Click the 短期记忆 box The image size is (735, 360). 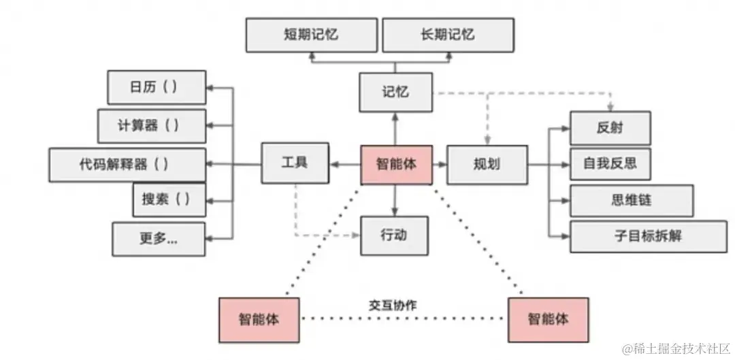coord(311,35)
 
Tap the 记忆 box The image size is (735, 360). coord(395,92)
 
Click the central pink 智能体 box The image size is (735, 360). coord(396,164)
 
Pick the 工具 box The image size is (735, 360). coord(295,163)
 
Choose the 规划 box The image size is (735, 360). coord(487,164)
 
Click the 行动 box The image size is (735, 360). coord(394,235)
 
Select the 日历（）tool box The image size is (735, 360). coord(157,88)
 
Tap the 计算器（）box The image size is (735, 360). coord(152,126)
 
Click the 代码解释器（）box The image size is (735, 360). coord(127,164)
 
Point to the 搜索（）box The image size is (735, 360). coord(169,199)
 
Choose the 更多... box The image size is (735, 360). coord(159,238)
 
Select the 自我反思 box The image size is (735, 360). coord(610,164)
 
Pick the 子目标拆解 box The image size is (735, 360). coord(648,236)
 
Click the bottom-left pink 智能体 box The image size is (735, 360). coord(259,319)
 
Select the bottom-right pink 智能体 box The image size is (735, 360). coord(548,318)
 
